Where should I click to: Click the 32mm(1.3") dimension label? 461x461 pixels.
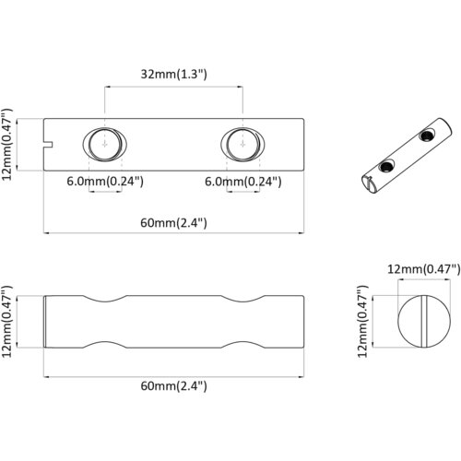coord(173,75)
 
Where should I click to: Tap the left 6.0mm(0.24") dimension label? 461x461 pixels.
coord(105,182)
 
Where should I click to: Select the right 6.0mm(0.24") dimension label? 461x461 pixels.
coord(243,182)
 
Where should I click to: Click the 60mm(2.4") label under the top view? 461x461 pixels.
coord(173,223)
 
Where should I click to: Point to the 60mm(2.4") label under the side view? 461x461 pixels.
coord(173,385)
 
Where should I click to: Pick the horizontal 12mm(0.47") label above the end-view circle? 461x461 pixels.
coord(424,269)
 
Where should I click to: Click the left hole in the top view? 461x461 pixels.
coord(105,144)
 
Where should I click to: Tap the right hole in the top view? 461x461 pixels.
coord(242,144)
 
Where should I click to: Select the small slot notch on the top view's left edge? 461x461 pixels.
coord(48,145)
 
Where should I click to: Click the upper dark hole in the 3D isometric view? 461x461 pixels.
coord(427,136)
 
